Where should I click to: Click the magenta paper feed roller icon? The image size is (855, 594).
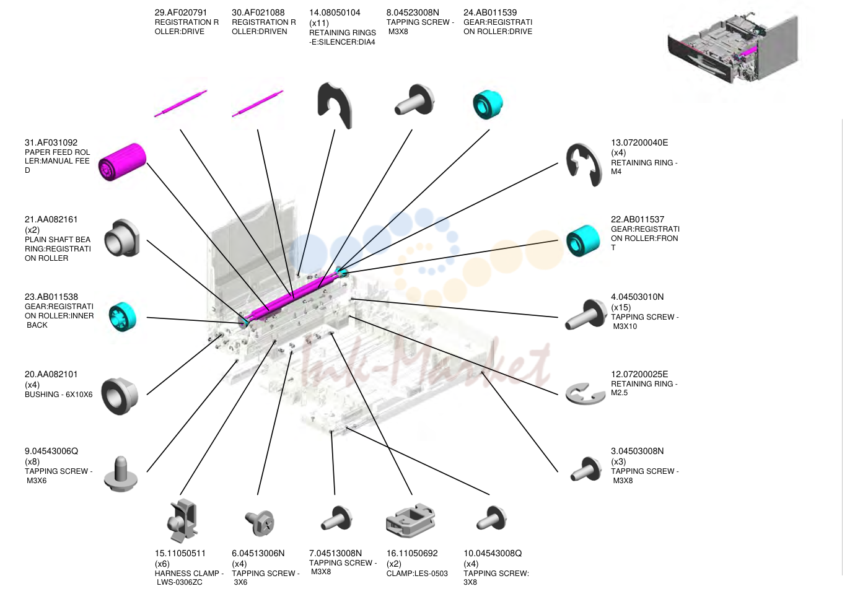122,162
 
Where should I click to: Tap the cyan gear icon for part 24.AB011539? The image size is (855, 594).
488,104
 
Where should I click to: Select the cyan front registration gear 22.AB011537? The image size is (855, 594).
583,241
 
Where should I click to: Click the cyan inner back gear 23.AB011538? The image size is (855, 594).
123,317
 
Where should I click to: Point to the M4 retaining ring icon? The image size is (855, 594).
584,165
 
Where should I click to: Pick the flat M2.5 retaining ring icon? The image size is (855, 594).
585,394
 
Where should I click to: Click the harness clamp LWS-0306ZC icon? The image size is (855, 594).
182,520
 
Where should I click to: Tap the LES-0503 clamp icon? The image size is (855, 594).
411,520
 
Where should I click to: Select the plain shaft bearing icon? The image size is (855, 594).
122,238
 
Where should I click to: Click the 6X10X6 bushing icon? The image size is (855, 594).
120,396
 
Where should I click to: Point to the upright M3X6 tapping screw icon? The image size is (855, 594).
121,474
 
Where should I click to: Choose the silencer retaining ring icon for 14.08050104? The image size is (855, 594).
335,105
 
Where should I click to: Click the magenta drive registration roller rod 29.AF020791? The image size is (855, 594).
180,103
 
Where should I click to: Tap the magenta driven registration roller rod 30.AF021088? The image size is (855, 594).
258,103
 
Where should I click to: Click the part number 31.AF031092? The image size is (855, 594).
51,142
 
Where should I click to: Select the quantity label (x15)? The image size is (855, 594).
621,307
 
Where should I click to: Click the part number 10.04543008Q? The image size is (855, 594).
493,553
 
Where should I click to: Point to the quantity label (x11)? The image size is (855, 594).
319,23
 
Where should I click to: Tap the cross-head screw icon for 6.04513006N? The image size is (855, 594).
260,523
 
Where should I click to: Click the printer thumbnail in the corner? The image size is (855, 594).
733,49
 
